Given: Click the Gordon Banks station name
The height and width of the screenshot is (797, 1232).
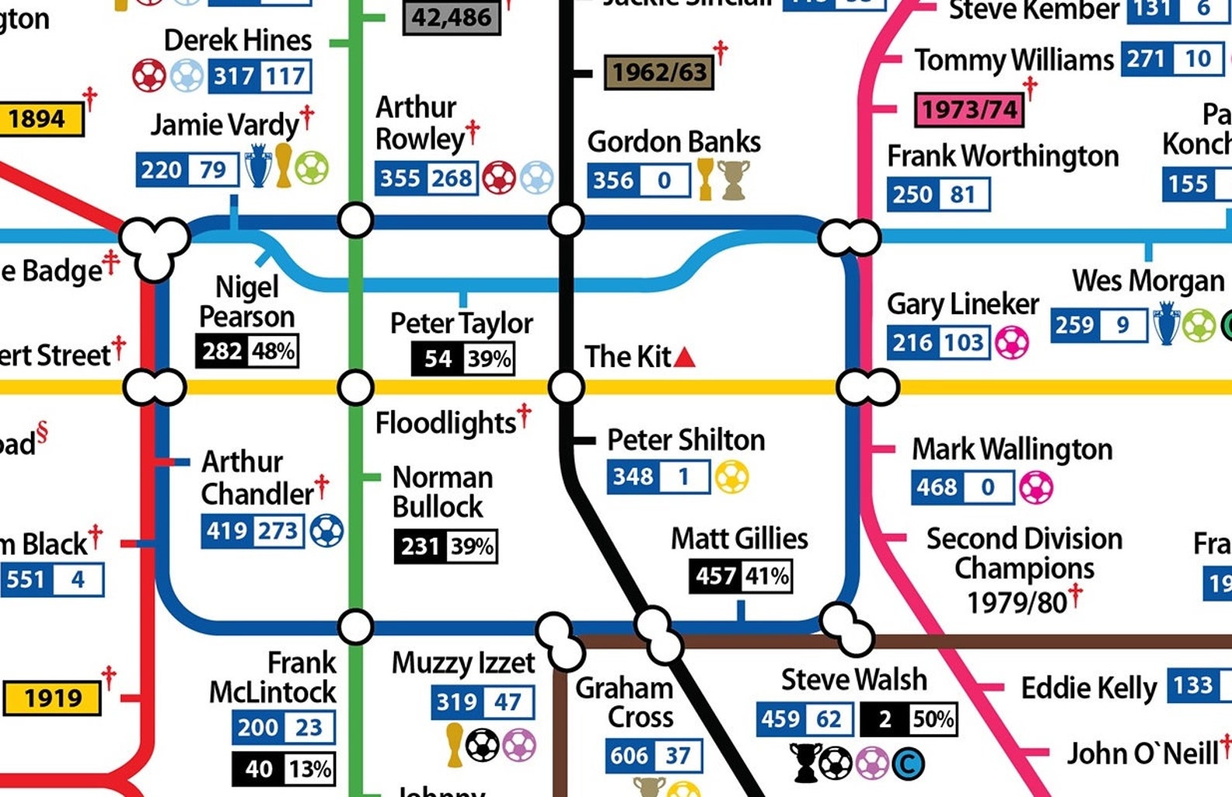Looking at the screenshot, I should tap(673, 142).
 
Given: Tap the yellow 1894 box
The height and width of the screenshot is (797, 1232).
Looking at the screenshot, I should tap(37, 120).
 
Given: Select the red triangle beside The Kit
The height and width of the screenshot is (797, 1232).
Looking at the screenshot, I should tap(684, 358).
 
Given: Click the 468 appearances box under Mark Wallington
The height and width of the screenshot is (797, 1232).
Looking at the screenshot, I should tap(937, 487).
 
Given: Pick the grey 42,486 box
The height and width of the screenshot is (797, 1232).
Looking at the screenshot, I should tap(452, 17).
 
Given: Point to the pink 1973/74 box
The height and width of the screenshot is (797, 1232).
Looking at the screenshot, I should tap(969, 109).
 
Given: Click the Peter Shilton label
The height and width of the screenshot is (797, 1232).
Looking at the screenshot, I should tap(686, 440).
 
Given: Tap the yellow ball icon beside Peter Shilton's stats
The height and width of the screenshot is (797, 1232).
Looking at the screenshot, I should tap(732, 477).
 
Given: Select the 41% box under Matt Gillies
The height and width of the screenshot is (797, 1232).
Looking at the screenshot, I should tap(767, 576).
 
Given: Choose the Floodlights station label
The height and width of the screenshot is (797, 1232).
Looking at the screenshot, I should tap(445, 424).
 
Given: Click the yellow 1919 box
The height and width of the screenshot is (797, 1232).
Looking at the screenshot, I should tap(53, 698).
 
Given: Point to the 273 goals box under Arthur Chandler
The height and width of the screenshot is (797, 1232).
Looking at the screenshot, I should tap(277, 532).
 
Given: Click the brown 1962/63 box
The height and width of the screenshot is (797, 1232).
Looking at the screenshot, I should tap(659, 73).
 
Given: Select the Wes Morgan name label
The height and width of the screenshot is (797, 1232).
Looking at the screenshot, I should tap(1147, 281).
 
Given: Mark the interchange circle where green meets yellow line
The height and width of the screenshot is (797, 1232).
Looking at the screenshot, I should tap(356, 386).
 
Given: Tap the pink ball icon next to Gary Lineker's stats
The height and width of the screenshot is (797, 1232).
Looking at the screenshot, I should tap(1012, 343).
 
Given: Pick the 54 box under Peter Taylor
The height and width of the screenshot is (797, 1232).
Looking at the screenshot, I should tap(438, 359).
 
